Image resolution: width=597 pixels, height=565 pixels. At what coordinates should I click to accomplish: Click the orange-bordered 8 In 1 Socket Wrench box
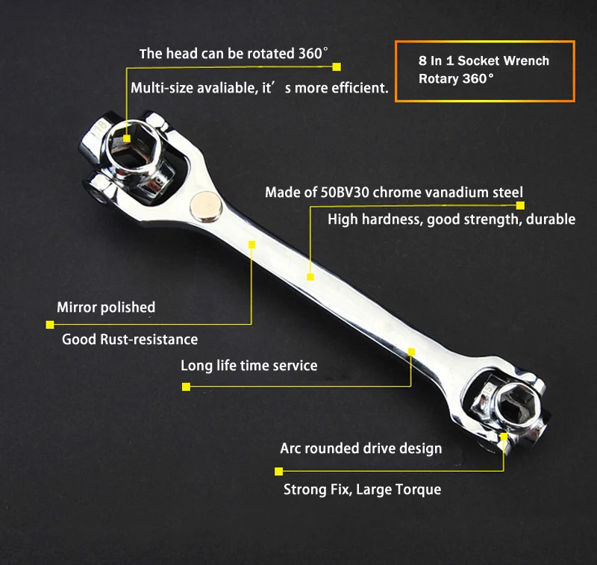pyautogui.click(x=484, y=70)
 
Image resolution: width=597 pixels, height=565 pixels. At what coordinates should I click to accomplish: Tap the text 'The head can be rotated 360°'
pyautogui.click(x=234, y=54)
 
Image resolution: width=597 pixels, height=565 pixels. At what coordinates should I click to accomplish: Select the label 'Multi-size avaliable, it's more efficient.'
pyautogui.click(x=260, y=88)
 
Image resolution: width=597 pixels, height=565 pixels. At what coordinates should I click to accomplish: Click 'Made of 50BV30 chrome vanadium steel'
pyautogui.click(x=394, y=193)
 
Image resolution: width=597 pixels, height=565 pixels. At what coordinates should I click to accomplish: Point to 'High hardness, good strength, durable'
pyautogui.click(x=451, y=219)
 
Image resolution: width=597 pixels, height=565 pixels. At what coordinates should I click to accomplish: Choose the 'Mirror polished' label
pyautogui.click(x=106, y=308)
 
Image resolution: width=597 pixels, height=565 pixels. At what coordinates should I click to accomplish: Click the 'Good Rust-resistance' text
pyautogui.click(x=130, y=340)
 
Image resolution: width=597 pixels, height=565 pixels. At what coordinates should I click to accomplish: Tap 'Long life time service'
pyautogui.click(x=249, y=366)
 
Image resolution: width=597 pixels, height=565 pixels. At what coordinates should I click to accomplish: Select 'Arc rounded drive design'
pyautogui.click(x=361, y=449)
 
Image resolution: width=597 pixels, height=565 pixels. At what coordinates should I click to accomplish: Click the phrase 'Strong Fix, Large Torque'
pyautogui.click(x=362, y=490)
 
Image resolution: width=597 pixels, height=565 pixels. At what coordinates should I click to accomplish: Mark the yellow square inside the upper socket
pyautogui.click(x=127, y=138)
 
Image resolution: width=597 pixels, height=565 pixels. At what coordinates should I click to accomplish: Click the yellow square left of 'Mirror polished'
pyautogui.click(x=50, y=325)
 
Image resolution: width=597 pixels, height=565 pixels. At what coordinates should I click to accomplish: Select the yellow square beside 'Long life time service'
pyautogui.click(x=186, y=387)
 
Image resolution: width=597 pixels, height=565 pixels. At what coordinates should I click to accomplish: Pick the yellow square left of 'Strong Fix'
pyautogui.click(x=278, y=471)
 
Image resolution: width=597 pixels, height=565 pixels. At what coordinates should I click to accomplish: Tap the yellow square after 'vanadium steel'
pyautogui.click(x=521, y=205)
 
